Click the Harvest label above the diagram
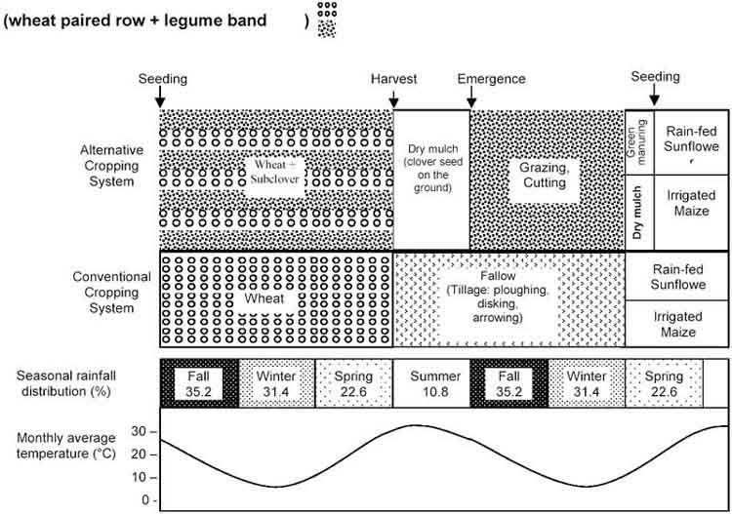(x=392, y=78)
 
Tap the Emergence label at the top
(x=491, y=78)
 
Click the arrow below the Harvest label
(x=393, y=99)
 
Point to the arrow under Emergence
(x=471, y=99)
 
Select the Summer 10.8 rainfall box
(x=430, y=382)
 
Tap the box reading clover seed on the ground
(x=431, y=167)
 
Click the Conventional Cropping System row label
(x=109, y=292)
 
